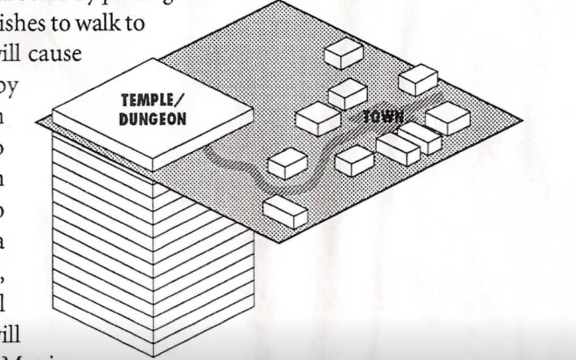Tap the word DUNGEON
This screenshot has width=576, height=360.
(152, 119)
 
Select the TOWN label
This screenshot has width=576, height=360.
(383, 117)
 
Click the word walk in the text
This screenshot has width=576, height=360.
(95, 24)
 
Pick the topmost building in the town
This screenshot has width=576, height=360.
(343, 53)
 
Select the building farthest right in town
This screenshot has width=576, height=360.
(447, 118)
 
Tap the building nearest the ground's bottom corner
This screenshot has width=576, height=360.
(285, 211)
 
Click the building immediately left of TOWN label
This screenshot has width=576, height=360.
(318, 119)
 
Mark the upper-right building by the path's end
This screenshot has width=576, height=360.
(418, 80)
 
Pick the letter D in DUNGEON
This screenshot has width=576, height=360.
(123, 119)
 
